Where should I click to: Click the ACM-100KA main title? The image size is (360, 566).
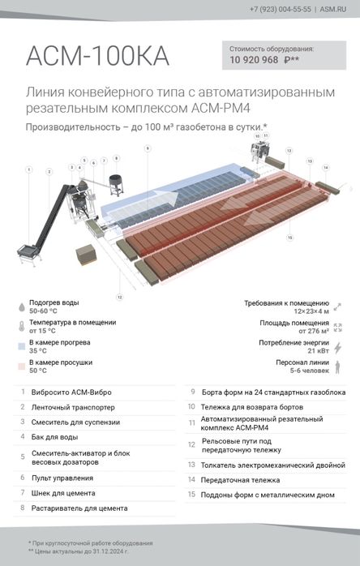97,55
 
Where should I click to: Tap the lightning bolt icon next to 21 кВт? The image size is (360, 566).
338,347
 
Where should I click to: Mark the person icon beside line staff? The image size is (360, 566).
338,367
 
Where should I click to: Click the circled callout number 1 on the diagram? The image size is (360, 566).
29,170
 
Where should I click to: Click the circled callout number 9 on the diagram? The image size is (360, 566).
147,148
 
